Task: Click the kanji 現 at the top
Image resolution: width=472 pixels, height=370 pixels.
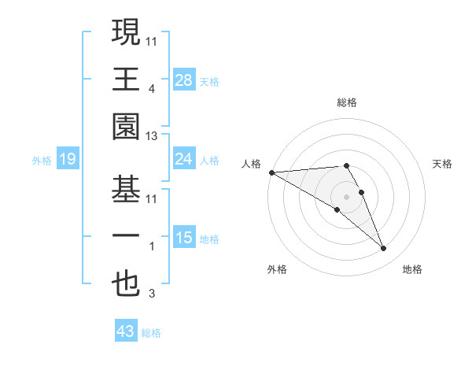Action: (126, 33)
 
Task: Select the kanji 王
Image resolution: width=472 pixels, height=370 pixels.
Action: (126, 79)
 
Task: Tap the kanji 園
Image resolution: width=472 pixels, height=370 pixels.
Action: (126, 126)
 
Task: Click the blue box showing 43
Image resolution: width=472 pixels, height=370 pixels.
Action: (126, 331)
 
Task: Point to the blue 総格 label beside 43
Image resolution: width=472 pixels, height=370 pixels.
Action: (151, 333)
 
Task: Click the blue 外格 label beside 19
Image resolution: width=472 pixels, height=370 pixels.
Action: (42, 161)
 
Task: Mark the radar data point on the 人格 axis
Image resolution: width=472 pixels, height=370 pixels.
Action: (271, 172)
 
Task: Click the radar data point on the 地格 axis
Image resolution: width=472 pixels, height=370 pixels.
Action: (384, 249)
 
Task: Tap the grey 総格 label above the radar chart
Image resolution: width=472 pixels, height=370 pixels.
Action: (346, 102)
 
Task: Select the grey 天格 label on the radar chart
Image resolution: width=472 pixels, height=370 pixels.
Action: (442, 164)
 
